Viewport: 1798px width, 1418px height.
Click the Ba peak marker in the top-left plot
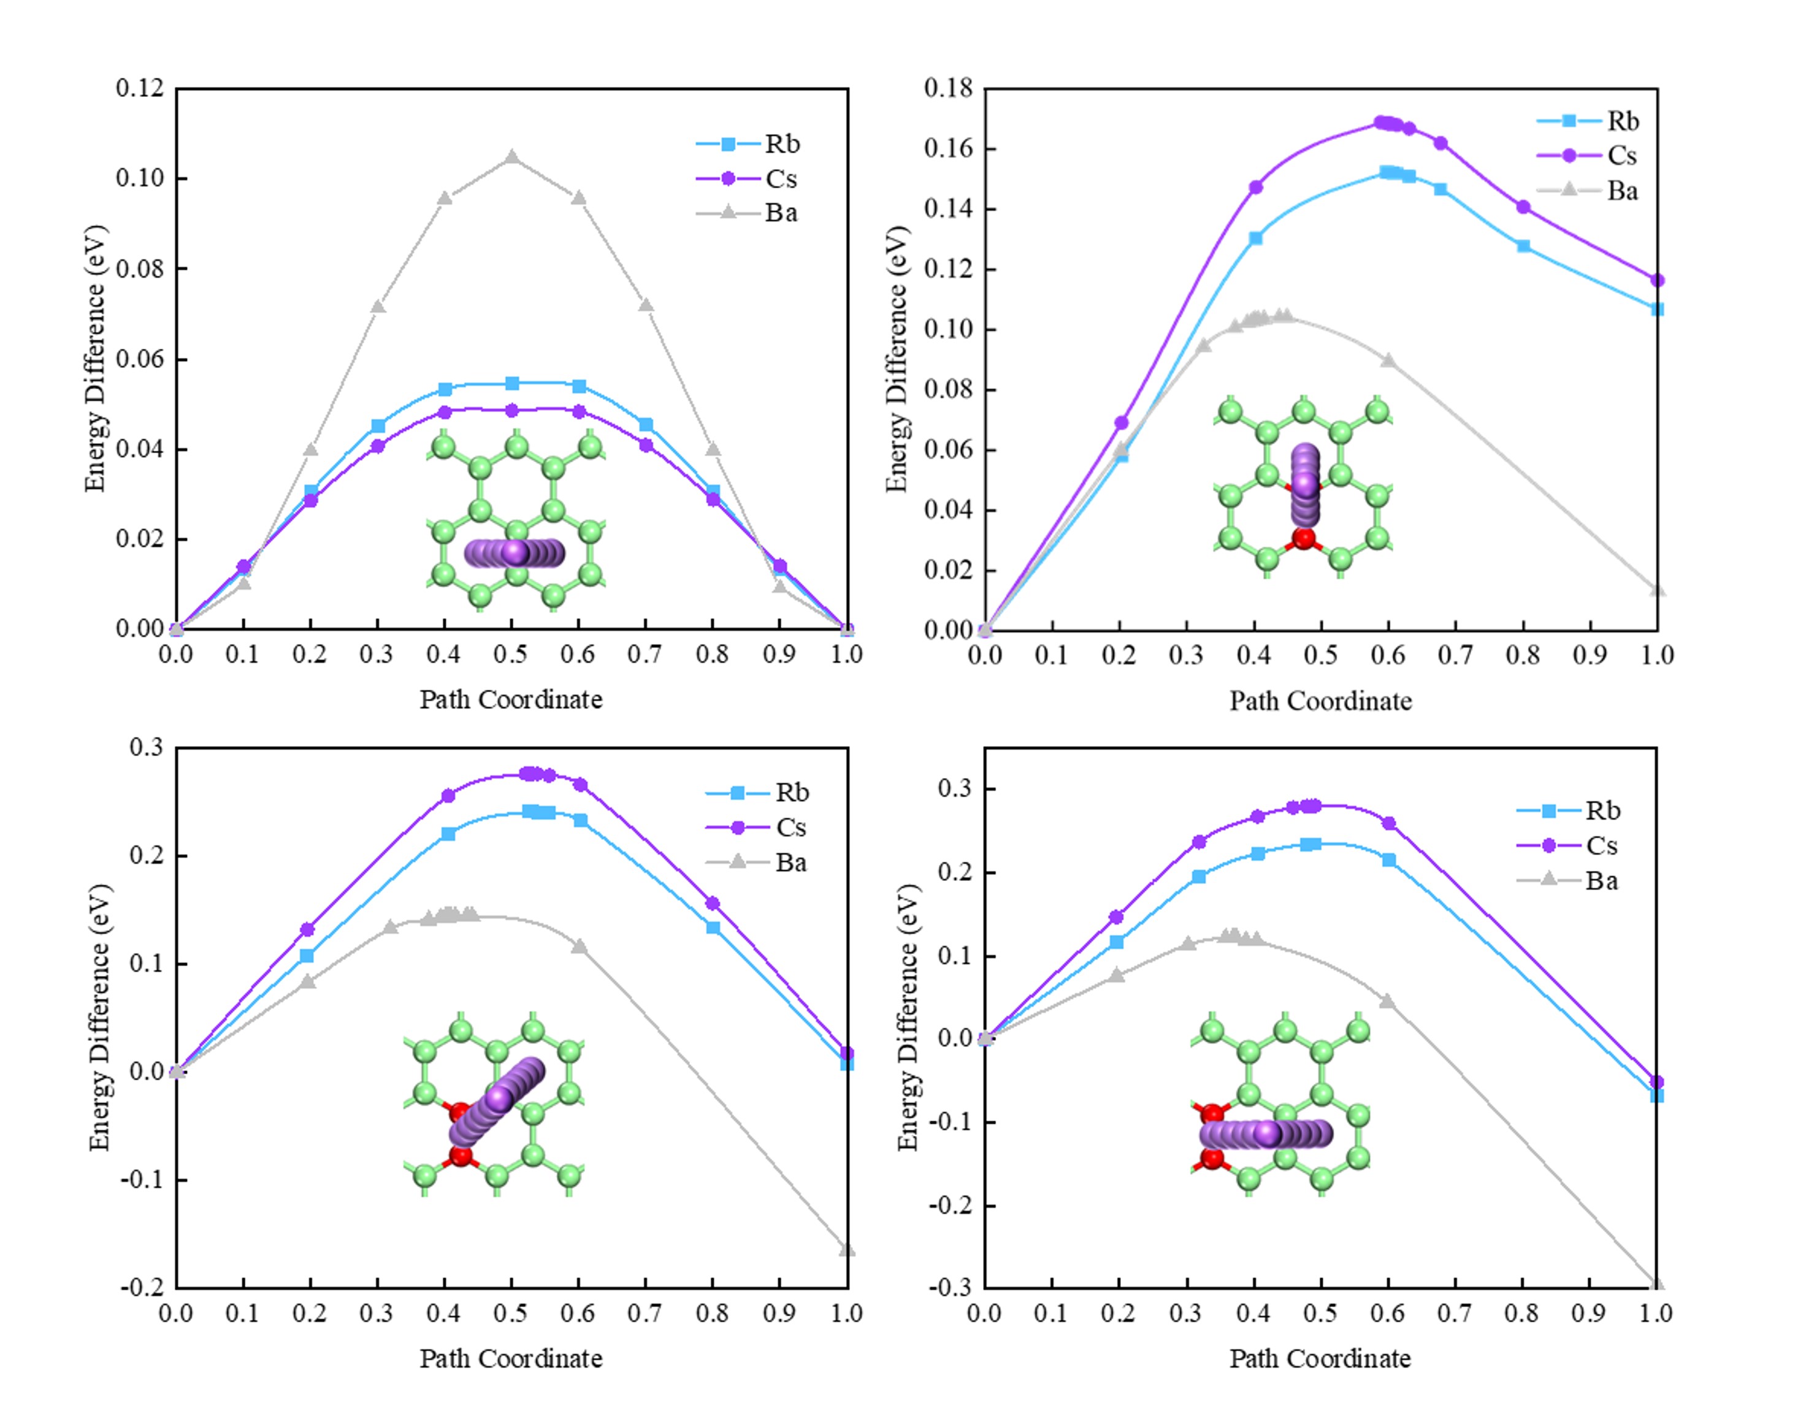tap(511, 157)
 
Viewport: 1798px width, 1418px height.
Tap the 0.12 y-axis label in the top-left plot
tap(140, 88)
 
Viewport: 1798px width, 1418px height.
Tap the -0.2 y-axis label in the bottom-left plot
tap(142, 1287)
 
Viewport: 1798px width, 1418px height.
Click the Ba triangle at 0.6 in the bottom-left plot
tap(580, 947)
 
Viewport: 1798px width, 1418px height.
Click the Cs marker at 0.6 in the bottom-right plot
tap(1388, 823)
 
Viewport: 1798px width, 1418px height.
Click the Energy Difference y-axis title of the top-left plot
tap(96, 359)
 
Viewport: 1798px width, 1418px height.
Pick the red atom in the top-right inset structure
tap(1304, 539)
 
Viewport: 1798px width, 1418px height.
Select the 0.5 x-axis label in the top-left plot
tap(511, 655)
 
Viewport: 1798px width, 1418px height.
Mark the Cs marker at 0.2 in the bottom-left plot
tap(307, 929)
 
